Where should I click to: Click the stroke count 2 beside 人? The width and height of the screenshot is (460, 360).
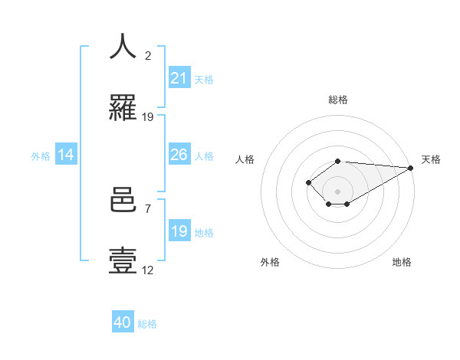pyautogui.click(x=147, y=55)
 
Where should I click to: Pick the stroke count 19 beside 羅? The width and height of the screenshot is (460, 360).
pyautogui.click(x=148, y=117)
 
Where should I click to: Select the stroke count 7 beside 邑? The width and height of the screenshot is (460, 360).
pyautogui.click(x=147, y=208)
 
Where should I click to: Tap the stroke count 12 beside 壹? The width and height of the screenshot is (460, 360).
pyautogui.click(x=148, y=270)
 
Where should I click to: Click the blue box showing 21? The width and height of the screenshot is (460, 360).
pyautogui.click(x=179, y=78)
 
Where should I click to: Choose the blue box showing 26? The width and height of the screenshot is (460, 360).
pyautogui.click(x=179, y=155)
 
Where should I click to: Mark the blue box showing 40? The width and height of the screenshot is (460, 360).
pyautogui.click(x=123, y=322)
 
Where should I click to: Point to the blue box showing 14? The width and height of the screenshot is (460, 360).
pyautogui.click(x=66, y=155)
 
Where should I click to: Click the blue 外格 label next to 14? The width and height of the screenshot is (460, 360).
pyautogui.click(x=41, y=155)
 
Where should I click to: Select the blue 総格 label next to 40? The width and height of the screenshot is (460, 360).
pyautogui.click(x=147, y=323)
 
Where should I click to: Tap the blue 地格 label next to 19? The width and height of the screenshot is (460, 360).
pyautogui.click(x=203, y=232)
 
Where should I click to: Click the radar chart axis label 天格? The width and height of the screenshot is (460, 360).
pyautogui.click(x=431, y=159)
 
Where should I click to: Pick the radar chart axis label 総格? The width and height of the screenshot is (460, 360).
pyautogui.click(x=338, y=100)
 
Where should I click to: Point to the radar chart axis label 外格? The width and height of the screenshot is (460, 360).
pyautogui.click(x=270, y=263)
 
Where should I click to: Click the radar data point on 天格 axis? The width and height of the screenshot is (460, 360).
pyautogui.click(x=410, y=168)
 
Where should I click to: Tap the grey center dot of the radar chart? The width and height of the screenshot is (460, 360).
pyautogui.click(x=337, y=191)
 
